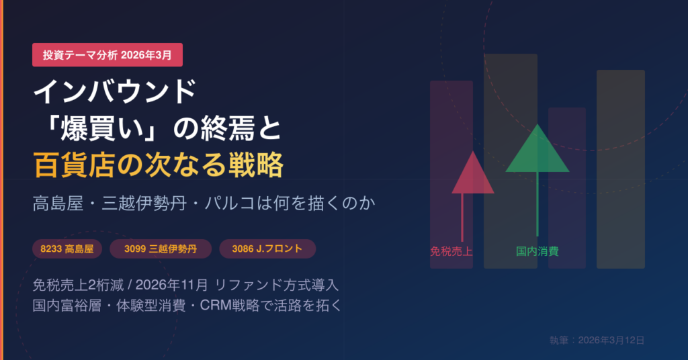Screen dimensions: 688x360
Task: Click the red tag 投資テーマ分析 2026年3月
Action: point(107,55)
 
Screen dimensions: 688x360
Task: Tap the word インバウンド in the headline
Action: point(114,92)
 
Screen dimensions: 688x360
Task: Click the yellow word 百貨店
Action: point(74,165)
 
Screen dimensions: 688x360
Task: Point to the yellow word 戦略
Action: point(256,165)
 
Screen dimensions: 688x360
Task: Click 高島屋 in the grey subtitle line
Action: point(58,204)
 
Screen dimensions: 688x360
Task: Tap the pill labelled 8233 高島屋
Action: point(67,249)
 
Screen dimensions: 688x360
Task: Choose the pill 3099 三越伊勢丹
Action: point(161,249)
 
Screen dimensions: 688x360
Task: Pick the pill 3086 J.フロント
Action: point(267,249)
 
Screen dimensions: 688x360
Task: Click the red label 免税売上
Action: point(451,252)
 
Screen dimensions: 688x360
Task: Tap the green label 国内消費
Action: point(537,251)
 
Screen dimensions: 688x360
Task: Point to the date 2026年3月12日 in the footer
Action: point(611,341)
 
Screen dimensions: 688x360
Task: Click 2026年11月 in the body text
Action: point(171,285)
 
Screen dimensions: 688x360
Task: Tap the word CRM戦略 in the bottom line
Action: point(230,305)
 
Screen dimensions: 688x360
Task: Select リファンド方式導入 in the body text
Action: point(277,285)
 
